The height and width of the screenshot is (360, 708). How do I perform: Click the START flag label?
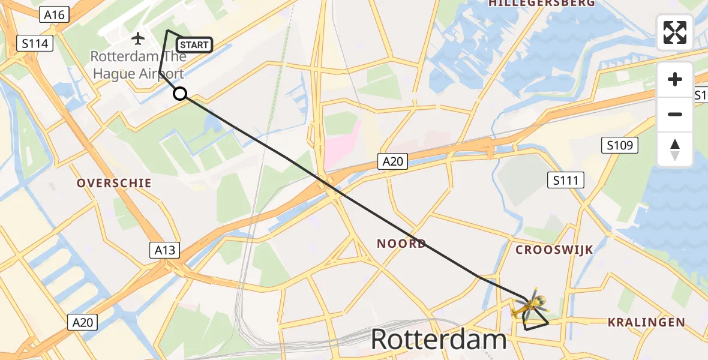[x=194, y=45]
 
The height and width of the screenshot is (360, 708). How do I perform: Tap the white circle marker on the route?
[x=180, y=94]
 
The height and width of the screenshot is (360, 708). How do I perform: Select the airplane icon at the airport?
[x=138, y=39]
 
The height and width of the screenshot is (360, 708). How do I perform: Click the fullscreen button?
[x=675, y=32]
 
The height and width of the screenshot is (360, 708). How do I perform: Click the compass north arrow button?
[x=675, y=149]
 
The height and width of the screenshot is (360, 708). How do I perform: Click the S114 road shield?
[x=35, y=43]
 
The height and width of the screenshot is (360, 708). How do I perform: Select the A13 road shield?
[x=164, y=250]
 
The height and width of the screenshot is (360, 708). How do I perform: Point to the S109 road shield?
[x=620, y=145]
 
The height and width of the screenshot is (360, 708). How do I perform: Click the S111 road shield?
[x=566, y=179]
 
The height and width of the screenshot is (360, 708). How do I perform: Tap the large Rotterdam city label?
[x=439, y=340]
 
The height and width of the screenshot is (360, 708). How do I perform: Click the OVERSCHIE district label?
[x=114, y=183]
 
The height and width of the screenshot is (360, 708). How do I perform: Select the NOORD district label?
[x=401, y=243]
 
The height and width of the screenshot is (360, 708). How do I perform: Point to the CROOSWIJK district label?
[x=554, y=250]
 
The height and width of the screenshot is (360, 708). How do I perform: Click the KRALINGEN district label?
[x=646, y=323]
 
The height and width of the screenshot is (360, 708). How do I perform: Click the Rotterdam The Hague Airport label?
[x=137, y=65]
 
